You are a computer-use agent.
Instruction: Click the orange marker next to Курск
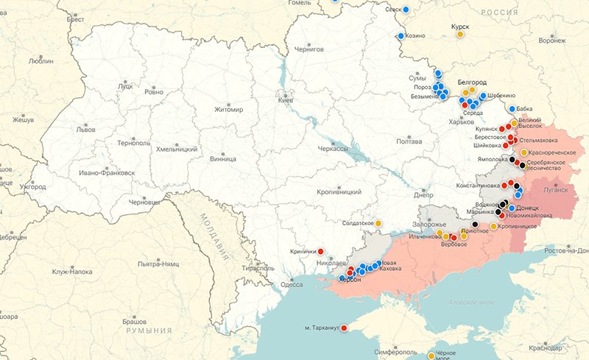(x=460, y=34)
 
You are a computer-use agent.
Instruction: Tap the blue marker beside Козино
(x=401, y=35)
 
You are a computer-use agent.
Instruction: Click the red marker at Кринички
(x=320, y=250)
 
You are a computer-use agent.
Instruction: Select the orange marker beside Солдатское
(x=378, y=223)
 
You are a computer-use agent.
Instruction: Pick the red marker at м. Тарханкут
(x=344, y=326)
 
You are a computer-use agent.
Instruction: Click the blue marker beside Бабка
(x=512, y=109)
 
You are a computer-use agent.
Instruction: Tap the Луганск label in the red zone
(x=556, y=189)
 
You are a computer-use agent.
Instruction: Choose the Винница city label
(x=222, y=158)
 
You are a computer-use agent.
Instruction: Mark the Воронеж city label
(x=552, y=41)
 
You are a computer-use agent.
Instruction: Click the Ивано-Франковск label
(x=107, y=173)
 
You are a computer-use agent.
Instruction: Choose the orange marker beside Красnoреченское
(x=523, y=152)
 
